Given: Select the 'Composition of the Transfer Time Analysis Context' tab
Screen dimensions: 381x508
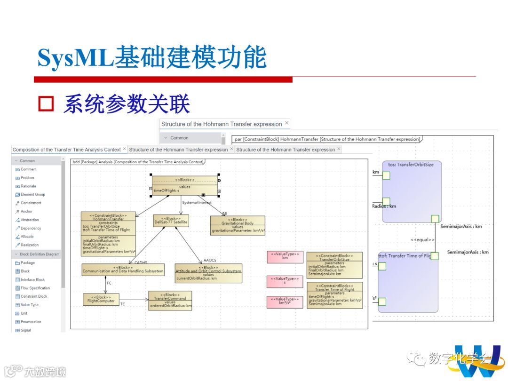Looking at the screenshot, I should [66, 150].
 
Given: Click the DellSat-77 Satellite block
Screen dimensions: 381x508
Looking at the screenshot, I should [171, 220].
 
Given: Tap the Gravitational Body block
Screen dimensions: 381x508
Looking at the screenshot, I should [238, 225].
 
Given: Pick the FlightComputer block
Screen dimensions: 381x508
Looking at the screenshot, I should [101, 299].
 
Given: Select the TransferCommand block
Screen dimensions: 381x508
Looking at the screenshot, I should [170, 301].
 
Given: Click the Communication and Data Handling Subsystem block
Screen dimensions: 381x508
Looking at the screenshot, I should [123, 270].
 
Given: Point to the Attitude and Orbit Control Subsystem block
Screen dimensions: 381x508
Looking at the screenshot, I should [208, 273].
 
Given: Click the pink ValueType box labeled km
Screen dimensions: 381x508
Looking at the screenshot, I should [285, 256].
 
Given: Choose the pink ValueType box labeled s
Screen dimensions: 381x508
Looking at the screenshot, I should [285, 281].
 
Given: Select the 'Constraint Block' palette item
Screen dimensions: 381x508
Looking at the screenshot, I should [34, 296].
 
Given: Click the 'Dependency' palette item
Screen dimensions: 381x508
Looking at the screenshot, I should [31, 228].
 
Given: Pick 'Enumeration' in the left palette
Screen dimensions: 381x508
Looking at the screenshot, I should [31, 322].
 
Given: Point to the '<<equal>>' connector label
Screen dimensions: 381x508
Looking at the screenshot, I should [422, 240].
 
